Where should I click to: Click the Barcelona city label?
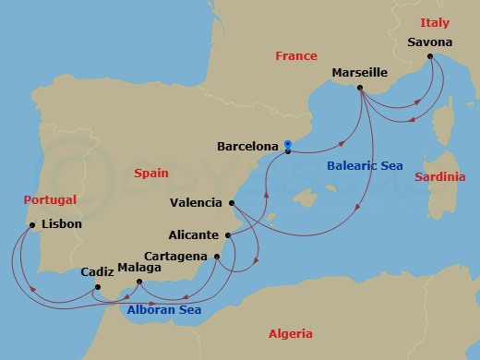pyautogui.click(x=246, y=146)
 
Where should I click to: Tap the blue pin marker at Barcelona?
pyautogui.click(x=288, y=145)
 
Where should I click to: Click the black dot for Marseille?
pyautogui.click(x=360, y=89)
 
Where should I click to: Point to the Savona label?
pyautogui.click(x=429, y=42)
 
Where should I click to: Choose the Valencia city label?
pyautogui.click(x=197, y=202)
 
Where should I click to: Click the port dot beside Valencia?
pyautogui.click(x=231, y=203)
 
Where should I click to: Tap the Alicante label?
pyautogui.click(x=195, y=235)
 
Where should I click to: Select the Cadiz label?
pyautogui.click(x=97, y=272)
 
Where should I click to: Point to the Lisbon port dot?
pyautogui.click(x=32, y=224)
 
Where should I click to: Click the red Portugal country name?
pyautogui.click(x=51, y=199)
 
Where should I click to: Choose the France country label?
pyautogui.click(x=296, y=56)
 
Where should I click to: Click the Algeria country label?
pyautogui.click(x=290, y=334)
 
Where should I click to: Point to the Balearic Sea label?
pyautogui.click(x=364, y=166)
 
